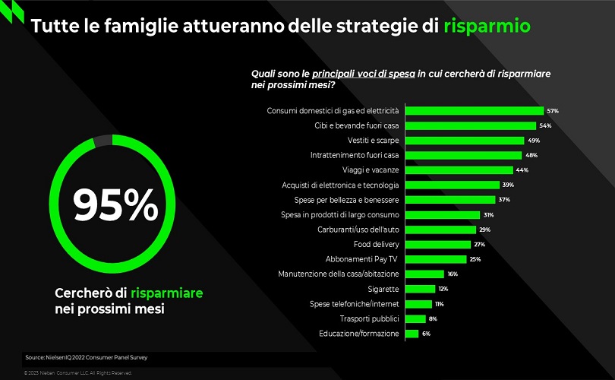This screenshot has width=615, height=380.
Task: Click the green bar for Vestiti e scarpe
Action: click(x=465, y=141)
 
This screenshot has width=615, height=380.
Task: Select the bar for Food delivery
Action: click(x=438, y=244)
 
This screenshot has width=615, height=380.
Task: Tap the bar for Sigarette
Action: click(x=420, y=289)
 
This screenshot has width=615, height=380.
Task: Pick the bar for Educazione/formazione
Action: click(x=412, y=333)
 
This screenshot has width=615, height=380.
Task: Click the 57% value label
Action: click(x=553, y=111)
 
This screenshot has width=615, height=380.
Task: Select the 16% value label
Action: click(x=453, y=274)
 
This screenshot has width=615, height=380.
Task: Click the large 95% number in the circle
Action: click(x=115, y=204)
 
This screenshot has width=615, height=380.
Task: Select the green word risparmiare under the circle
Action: click(x=166, y=293)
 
